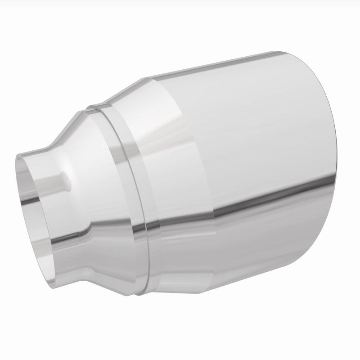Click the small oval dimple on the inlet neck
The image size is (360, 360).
(67, 179)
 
